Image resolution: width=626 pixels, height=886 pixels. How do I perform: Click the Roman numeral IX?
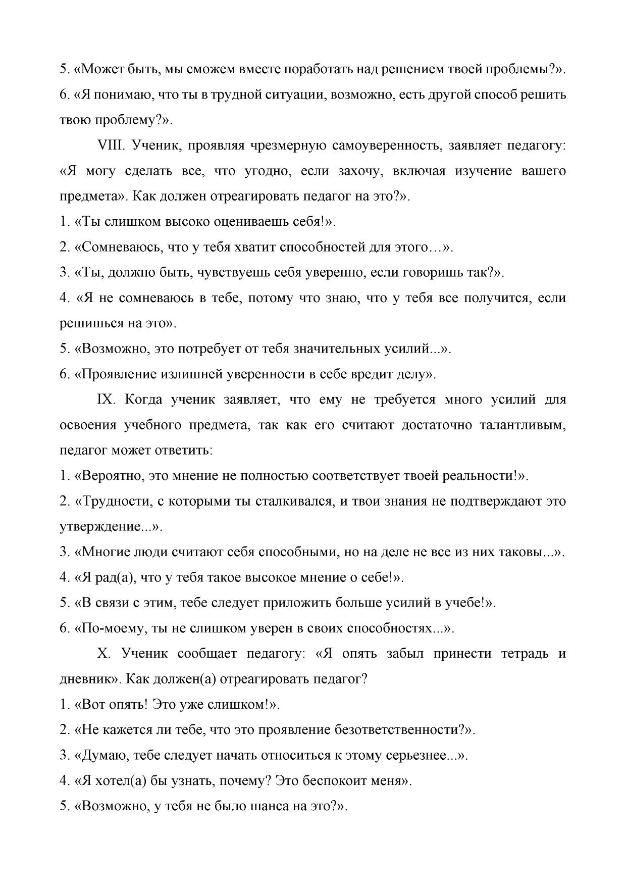[107, 399]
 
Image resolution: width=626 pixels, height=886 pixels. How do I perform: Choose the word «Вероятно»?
[114, 475]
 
